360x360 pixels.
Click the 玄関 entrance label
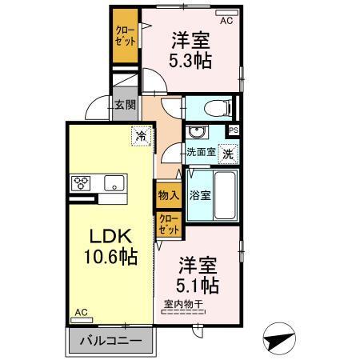pyautogui.click(x=124, y=105)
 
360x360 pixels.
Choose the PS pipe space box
pyautogui.click(x=234, y=130)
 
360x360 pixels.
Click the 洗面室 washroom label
pyautogui.click(x=199, y=152)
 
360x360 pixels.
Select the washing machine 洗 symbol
pyautogui.click(x=229, y=152)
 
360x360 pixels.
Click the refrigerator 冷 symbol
pyautogui.click(x=142, y=137)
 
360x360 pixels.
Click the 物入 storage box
pyautogui.click(x=167, y=194)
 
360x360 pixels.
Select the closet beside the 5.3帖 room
pyautogui.click(x=125, y=34)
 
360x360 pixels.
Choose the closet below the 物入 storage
pyautogui.click(x=168, y=222)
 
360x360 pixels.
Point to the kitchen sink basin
pyautogui.click(x=112, y=182)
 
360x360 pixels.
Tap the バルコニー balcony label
pyautogui.click(x=111, y=342)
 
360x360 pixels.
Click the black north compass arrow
pyautogui.click(x=279, y=338)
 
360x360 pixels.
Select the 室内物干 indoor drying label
pyautogui.click(x=184, y=304)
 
